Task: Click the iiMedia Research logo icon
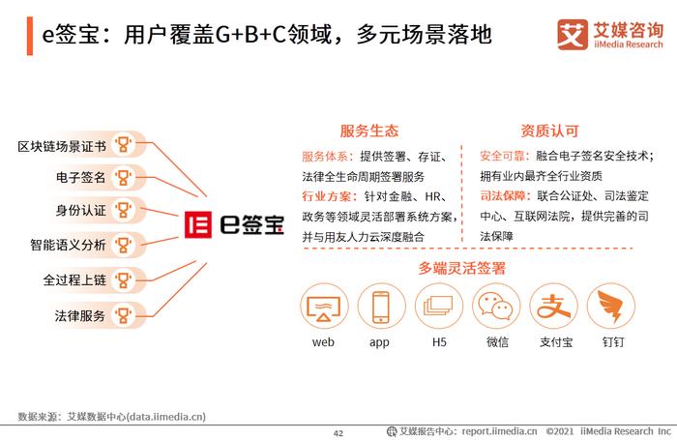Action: tap(573, 35)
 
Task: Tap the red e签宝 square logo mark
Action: tap(198, 224)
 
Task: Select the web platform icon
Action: tap(324, 306)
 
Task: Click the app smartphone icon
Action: tap(381, 306)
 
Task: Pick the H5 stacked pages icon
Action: tap(439, 306)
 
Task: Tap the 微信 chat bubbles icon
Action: tap(495, 306)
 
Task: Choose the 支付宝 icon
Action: tap(553, 306)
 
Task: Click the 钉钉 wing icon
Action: tap(610, 306)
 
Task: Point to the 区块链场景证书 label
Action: tap(62, 146)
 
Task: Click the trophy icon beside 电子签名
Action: tap(123, 178)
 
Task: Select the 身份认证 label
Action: tap(80, 210)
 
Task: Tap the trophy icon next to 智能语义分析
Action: tap(123, 245)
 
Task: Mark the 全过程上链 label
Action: tap(74, 280)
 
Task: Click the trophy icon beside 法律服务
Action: tap(123, 315)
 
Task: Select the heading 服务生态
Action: tap(369, 131)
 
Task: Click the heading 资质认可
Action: tap(549, 131)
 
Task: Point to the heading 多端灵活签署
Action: tap(461, 268)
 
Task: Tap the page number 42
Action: tap(338, 433)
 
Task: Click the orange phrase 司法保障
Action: tap(503, 196)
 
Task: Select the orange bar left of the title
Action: tap(30, 36)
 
